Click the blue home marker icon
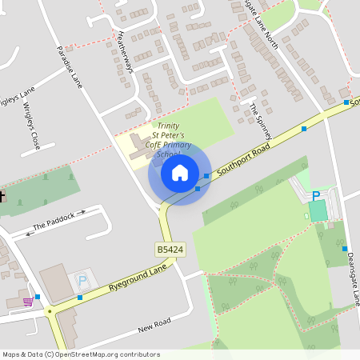click(180, 172)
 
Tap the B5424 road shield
click(169, 250)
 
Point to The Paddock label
click(54, 222)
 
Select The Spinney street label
click(260, 117)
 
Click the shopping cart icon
click(29, 302)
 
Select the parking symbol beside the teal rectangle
click(316, 196)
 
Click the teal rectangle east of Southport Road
click(318, 210)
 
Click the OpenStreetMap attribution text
click(81, 354)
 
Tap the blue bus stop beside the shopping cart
click(38, 296)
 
